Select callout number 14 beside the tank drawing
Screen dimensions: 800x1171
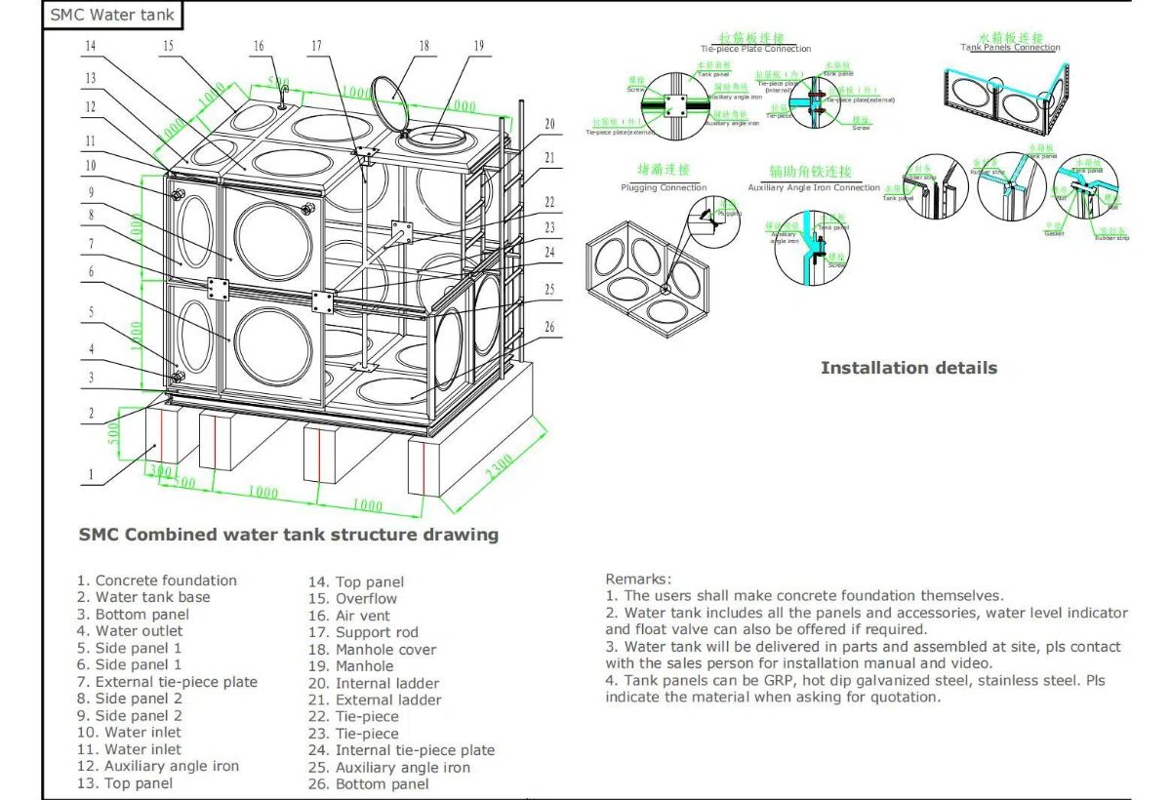tap(91, 46)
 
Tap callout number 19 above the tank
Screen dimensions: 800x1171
tap(478, 46)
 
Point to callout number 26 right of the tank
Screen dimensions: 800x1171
tap(549, 328)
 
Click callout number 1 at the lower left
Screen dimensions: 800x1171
tap(91, 476)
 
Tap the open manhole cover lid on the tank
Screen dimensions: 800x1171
tap(390, 98)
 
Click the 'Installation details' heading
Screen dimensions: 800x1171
tap(909, 368)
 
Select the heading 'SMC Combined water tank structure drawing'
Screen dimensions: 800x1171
tap(288, 535)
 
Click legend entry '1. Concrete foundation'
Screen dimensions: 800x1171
tap(157, 580)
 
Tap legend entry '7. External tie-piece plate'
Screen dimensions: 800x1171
tap(167, 682)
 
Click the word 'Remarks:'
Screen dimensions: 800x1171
tap(638, 579)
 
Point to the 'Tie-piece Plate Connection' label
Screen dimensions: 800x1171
tap(755, 49)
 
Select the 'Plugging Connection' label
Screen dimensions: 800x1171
tap(664, 187)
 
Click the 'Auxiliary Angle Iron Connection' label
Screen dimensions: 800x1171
tap(813, 187)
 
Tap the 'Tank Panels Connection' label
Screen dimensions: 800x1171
tap(1010, 47)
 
